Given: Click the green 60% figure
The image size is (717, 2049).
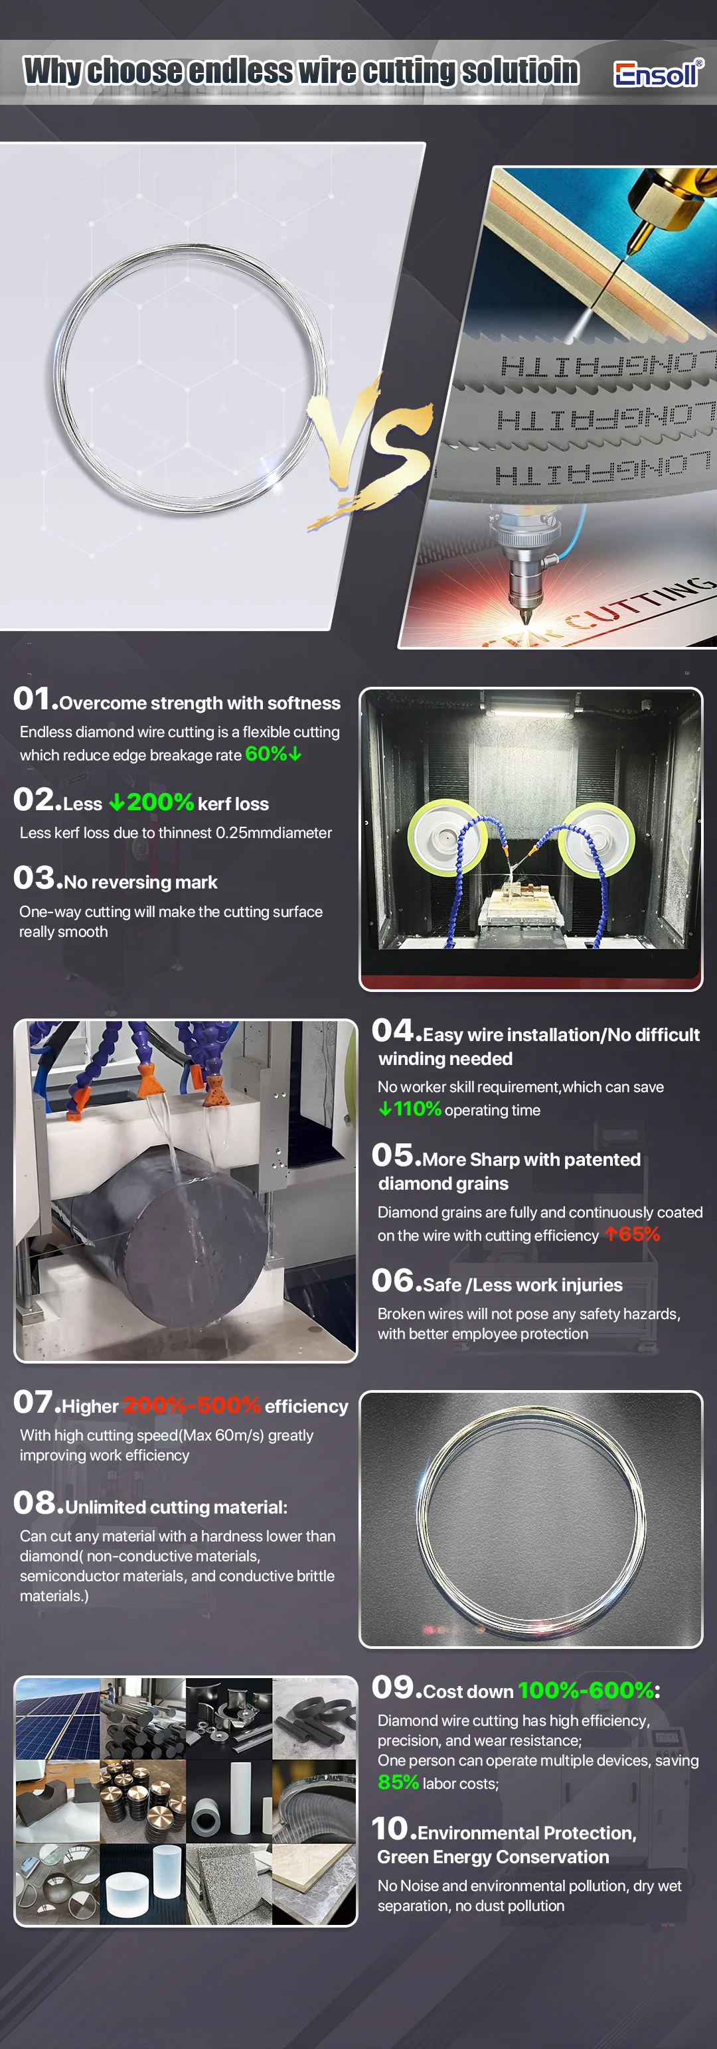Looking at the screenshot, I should point(266,753).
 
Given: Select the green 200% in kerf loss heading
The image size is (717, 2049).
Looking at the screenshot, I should point(160,802).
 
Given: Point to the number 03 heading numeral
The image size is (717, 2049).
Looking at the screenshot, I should point(33,878).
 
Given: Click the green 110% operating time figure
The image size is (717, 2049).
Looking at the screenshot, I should point(416,1109).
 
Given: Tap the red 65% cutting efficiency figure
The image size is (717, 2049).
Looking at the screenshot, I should point(638,1234).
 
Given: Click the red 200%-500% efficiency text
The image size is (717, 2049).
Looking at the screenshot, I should point(192,1405).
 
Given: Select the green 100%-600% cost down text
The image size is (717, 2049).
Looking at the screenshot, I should point(586,1690).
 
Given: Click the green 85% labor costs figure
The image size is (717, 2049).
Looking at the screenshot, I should point(398,1782).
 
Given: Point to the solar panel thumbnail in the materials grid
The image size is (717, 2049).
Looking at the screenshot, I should point(57,1718).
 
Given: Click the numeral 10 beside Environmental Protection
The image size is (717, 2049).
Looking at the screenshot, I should point(390,1829).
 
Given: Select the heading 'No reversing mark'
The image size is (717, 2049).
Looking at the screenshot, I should point(141,882).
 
